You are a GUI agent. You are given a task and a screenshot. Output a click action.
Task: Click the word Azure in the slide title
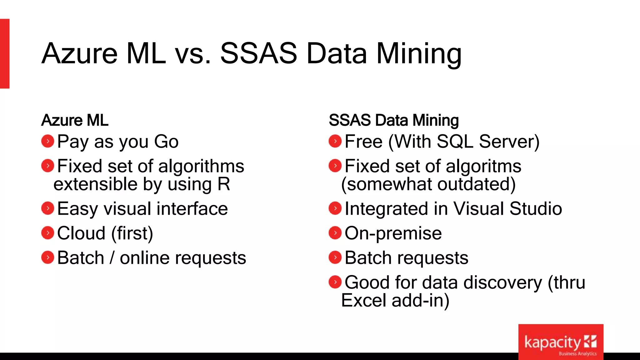pos(80,53)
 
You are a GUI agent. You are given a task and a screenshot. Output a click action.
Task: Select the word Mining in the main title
pos(419,53)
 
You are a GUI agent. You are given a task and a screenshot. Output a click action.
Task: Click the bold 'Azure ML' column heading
pos(75,120)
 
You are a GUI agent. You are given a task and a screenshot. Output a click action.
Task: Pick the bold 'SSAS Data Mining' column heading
pos(394,120)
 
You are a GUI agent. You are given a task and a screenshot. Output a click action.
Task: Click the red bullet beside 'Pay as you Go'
pos(48,141)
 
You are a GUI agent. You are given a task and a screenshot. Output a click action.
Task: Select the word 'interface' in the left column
pos(192,208)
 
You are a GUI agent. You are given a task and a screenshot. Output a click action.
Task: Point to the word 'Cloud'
pos(81,233)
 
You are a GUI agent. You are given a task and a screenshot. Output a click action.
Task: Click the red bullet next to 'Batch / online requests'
pos(48,257)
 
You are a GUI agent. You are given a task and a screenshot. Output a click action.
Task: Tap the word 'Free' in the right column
pos(363,142)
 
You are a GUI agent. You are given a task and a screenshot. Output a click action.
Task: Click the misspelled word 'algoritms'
pos(483,166)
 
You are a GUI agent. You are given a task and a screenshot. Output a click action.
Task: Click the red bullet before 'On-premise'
pos(335,233)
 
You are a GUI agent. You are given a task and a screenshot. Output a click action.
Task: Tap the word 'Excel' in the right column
pos(364,300)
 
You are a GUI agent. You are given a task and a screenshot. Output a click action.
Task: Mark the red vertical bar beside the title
pos(5,53)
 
